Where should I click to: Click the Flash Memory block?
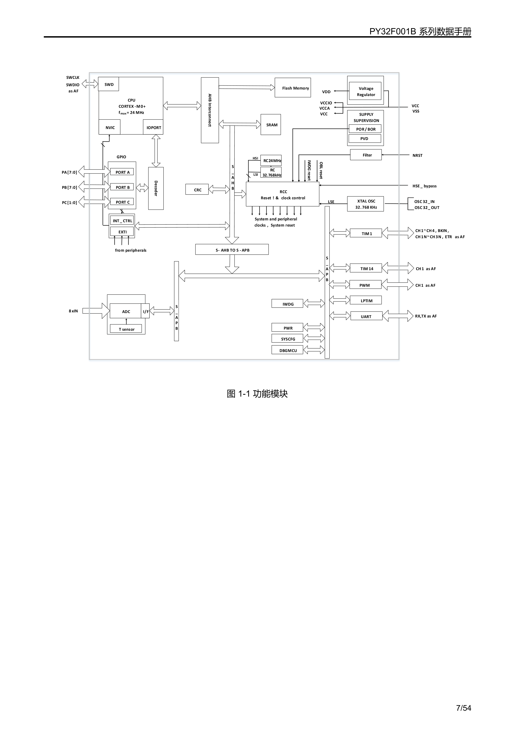293,88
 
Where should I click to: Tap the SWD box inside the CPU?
109,84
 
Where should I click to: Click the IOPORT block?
154,127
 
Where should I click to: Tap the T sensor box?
126,329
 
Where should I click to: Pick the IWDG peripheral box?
287,304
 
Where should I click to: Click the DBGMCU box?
287,350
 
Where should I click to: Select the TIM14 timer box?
366,268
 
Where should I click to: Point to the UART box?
366,316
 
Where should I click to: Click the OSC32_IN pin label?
424,202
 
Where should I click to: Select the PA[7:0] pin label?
69,172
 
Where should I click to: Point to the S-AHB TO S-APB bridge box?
232,250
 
